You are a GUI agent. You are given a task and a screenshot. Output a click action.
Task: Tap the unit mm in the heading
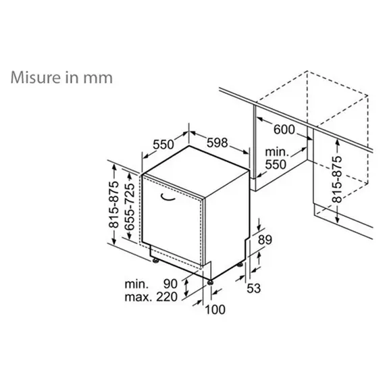[x=97, y=76]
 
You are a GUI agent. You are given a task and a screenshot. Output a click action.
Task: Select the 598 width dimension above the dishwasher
[x=215, y=144]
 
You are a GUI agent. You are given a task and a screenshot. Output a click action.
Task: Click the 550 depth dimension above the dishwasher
[x=163, y=144]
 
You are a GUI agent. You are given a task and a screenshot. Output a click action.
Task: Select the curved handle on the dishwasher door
[x=165, y=196]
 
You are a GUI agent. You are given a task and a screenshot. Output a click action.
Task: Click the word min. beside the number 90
[x=136, y=284]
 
